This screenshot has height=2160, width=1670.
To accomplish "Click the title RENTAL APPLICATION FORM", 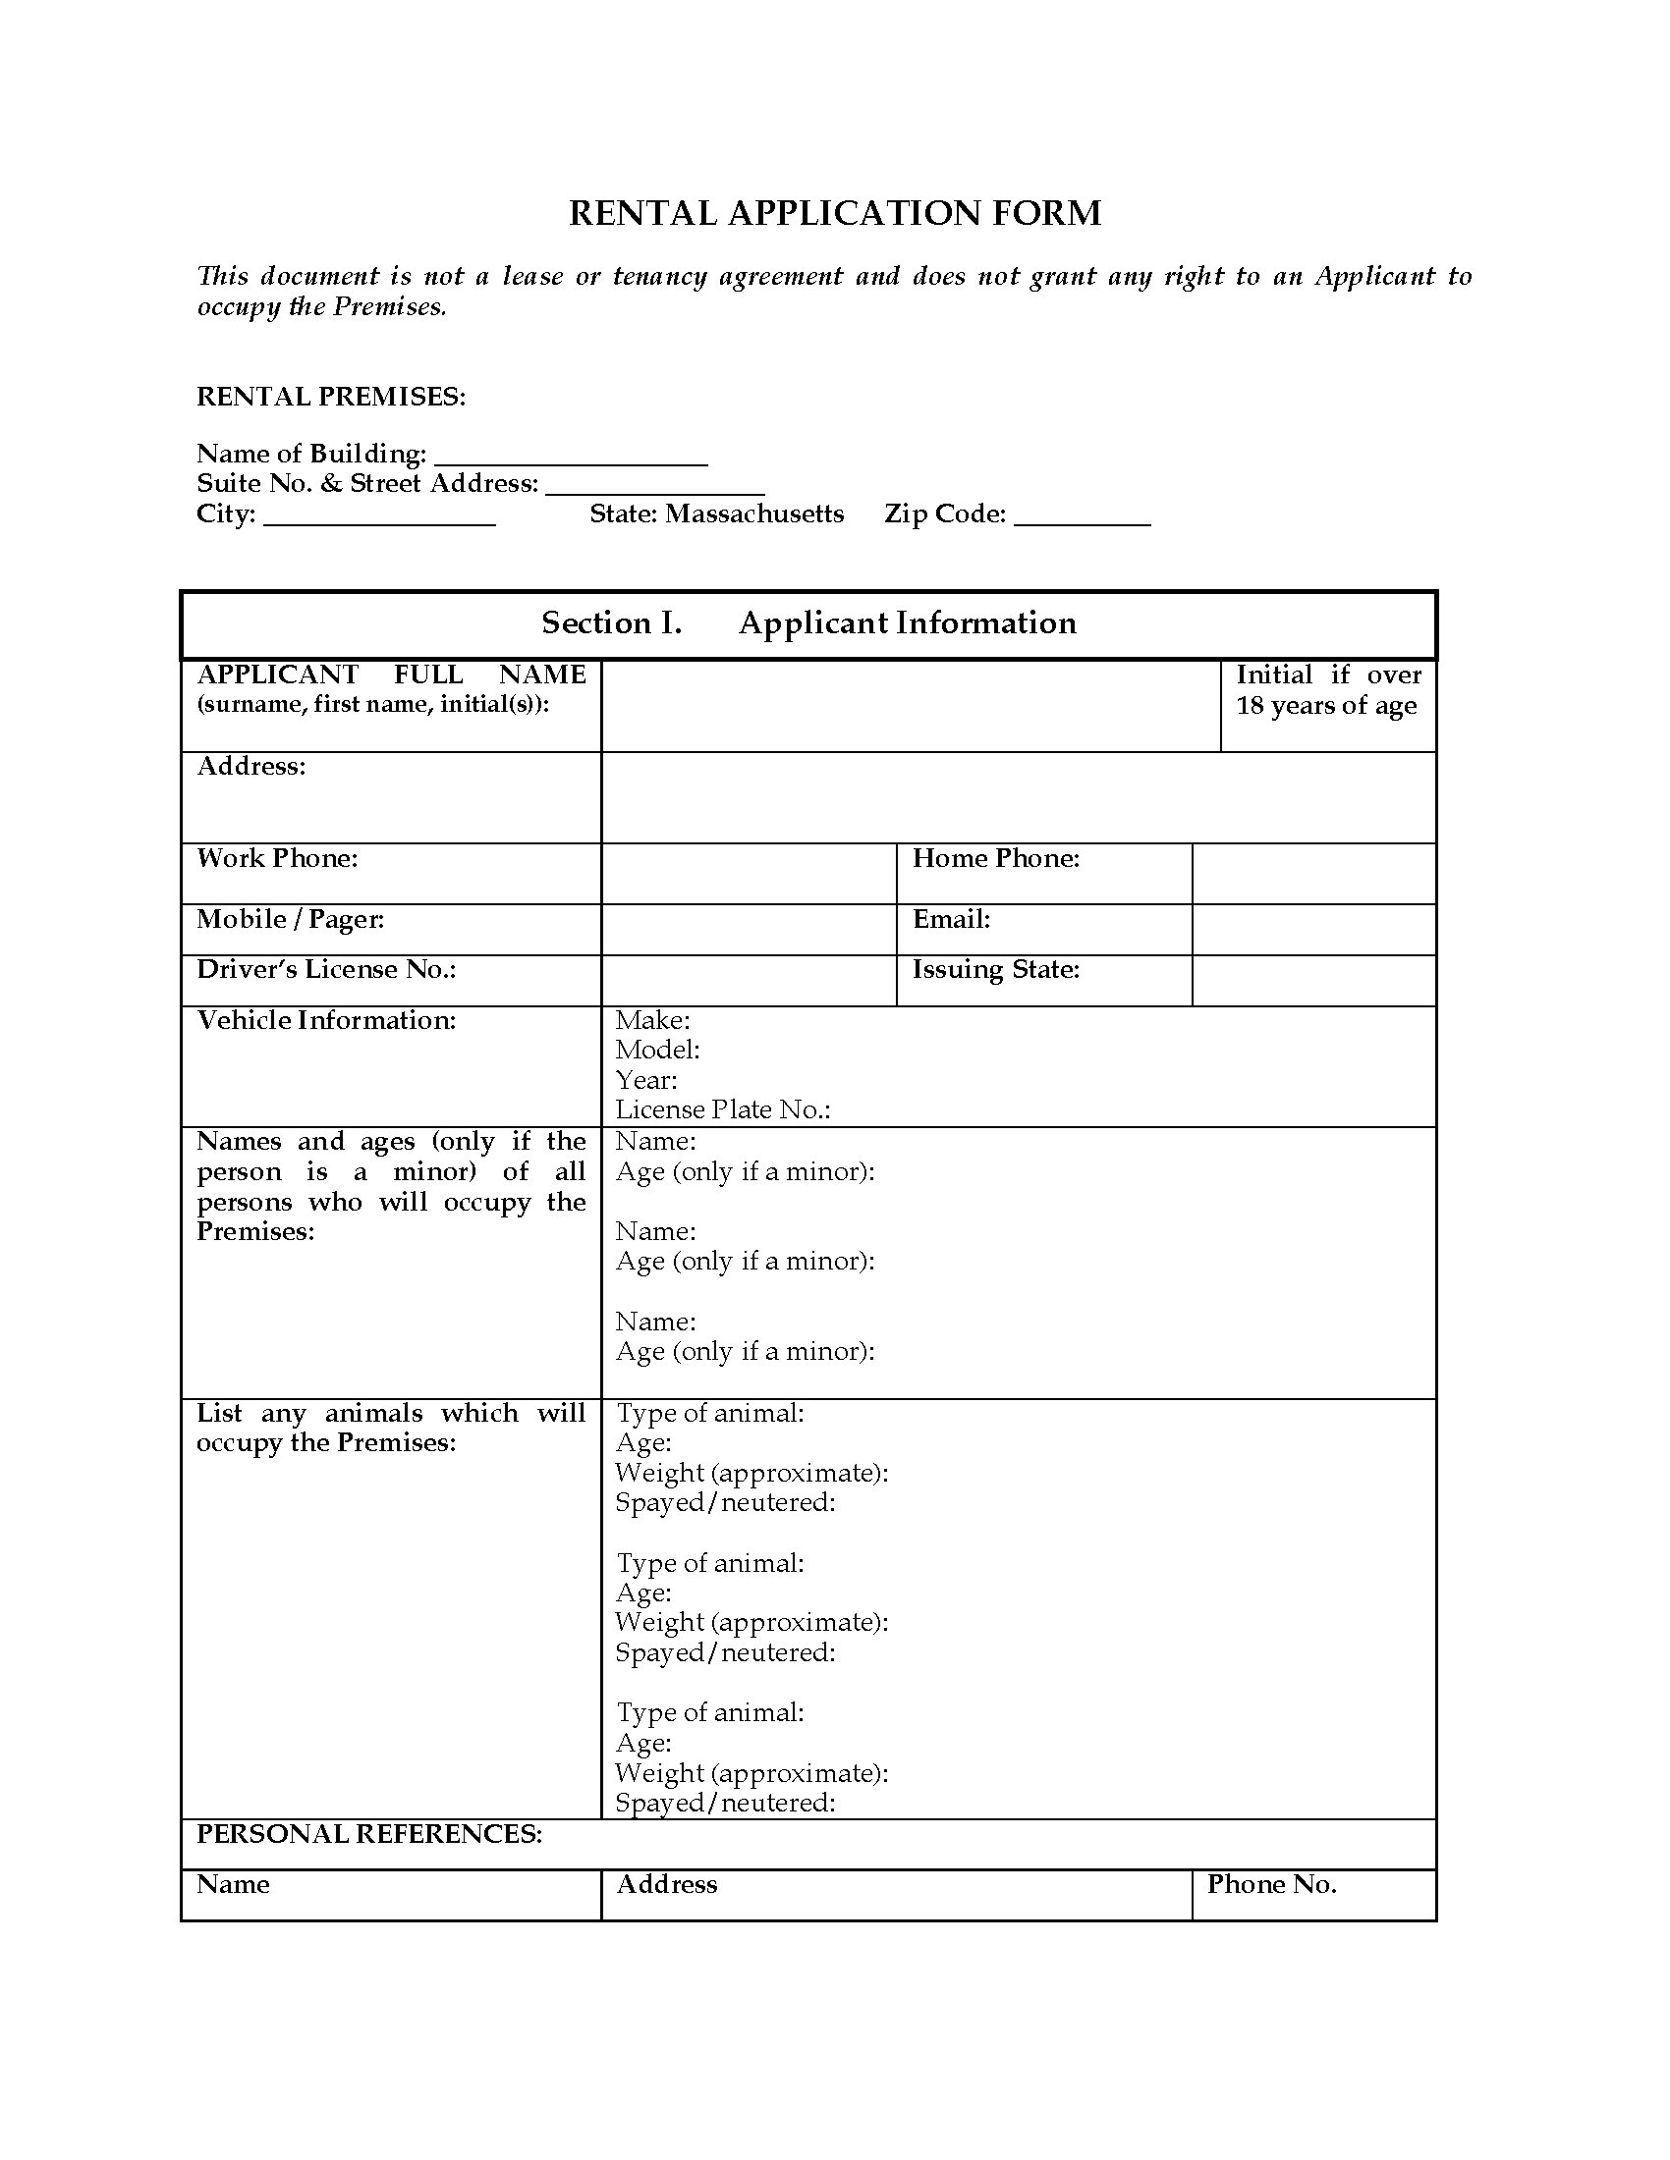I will (x=834, y=214).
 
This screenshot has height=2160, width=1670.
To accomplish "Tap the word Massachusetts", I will (x=753, y=514).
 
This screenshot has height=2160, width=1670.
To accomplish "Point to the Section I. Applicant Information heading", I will (x=808, y=623).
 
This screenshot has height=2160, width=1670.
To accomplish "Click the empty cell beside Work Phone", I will (x=748, y=873).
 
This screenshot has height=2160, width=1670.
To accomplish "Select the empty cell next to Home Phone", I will (x=1312, y=873).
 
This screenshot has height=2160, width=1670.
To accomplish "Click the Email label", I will (x=951, y=920).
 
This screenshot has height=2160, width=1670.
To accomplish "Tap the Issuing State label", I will (x=995, y=970).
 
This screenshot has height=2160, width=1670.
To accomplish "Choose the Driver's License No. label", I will (x=326, y=970).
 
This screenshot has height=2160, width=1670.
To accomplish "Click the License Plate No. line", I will (x=722, y=1110).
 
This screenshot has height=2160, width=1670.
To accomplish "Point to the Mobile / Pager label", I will (x=290, y=920).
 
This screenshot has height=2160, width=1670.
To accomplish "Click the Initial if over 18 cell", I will (x=1328, y=705).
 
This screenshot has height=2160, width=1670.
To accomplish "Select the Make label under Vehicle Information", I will (x=652, y=1021).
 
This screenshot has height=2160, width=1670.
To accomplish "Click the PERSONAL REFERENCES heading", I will (x=369, y=1835).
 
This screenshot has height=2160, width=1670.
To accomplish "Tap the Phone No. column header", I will (x=1271, y=1885).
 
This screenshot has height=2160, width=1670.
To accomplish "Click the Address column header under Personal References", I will (x=667, y=1885).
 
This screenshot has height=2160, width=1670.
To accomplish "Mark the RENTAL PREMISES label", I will (x=330, y=398).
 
